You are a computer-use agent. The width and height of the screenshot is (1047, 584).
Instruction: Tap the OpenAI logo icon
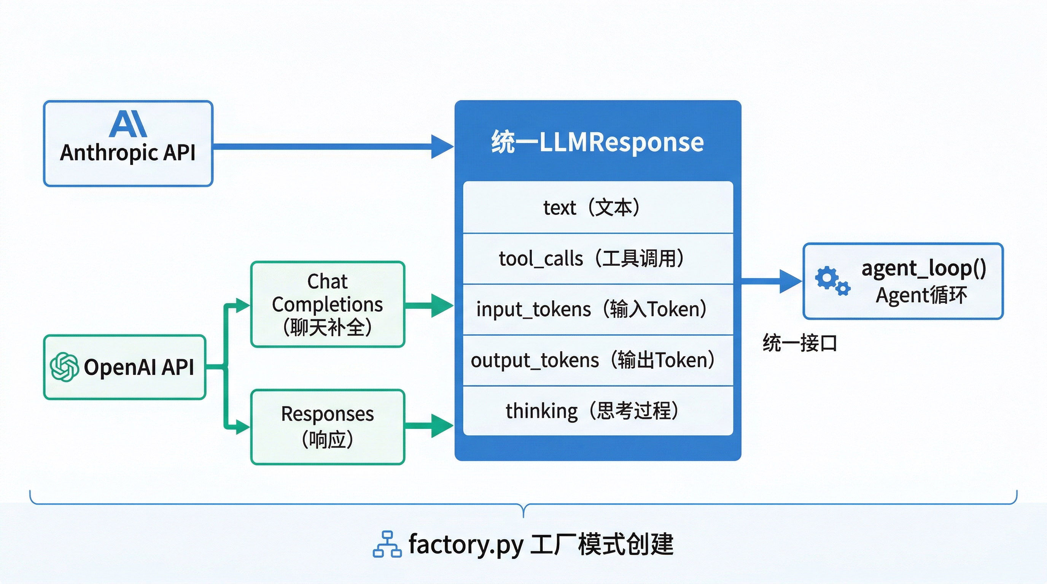point(64,367)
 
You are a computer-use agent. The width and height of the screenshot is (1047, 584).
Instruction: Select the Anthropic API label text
point(127,153)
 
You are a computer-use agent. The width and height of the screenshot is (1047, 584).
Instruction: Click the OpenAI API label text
point(138,367)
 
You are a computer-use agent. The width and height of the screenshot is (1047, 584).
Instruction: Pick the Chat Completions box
point(328,304)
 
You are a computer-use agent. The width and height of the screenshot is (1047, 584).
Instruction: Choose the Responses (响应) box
point(328,427)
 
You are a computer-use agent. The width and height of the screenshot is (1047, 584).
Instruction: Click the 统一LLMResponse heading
point(597,142)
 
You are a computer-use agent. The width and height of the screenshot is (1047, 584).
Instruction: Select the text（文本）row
point(597,208)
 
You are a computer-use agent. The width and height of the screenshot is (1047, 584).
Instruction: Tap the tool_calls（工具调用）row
point(597,259)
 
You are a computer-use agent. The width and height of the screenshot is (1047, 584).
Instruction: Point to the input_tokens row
point(597,309)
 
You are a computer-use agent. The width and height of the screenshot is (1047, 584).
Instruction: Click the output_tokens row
point(597,360)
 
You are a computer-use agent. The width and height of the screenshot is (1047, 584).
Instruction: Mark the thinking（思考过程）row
point(597,411)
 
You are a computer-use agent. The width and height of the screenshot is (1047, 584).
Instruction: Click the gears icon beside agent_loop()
point(832,281)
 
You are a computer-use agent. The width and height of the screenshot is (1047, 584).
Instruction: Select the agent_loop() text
point(924,268)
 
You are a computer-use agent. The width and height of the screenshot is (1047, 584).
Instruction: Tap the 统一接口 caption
point(800,343)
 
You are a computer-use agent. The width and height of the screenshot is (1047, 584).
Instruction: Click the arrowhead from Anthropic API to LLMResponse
point(442,147)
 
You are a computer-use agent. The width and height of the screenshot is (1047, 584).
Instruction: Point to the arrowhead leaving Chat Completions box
point(442,305)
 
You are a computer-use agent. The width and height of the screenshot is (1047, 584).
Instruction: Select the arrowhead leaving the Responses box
point(442,425)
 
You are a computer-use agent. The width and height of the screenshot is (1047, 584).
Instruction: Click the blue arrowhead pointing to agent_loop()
point(790,281)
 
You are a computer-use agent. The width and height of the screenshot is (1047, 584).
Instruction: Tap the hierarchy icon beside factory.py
point(387,544)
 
